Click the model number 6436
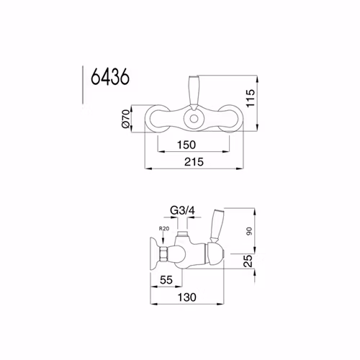coord(110,77)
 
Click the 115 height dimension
coord(250,98)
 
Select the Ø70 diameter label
coord(126,118)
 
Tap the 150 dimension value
coord(186,145)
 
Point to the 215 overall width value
coord(194,162)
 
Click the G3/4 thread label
coord(182,211)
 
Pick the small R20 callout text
coord(164,228)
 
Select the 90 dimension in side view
coord(249,231)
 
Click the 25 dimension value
coord(248,261)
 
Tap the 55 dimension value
coord(166,280)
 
